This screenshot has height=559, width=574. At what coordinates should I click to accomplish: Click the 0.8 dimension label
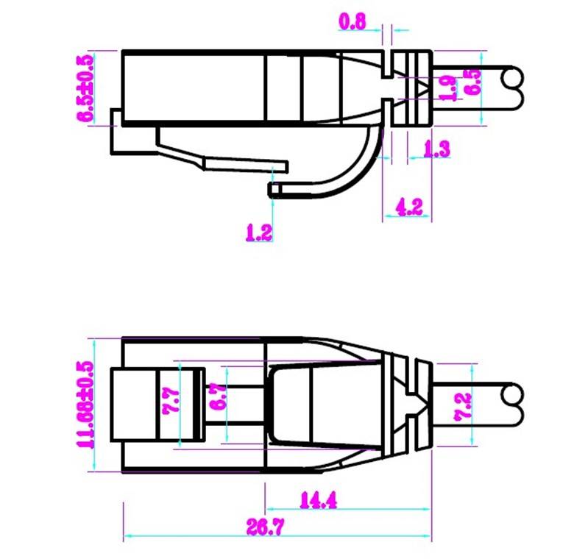352,21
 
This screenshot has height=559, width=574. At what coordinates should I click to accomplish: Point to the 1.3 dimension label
437,149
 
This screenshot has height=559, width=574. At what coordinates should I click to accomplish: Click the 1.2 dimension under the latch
259,233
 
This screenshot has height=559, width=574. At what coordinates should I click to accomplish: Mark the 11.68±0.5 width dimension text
85,404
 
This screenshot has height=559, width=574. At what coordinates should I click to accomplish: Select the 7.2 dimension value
463,404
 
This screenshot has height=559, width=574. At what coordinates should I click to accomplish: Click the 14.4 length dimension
318,501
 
